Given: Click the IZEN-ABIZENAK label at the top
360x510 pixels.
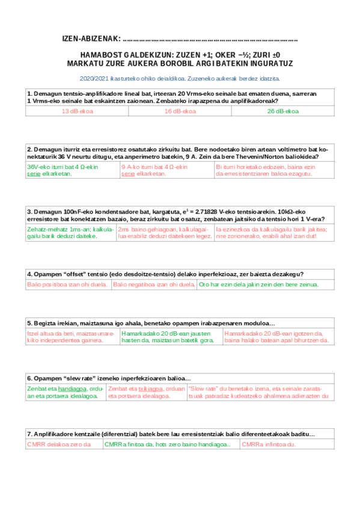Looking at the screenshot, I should [91, 40].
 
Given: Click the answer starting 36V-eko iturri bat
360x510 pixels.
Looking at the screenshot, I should [63, 170].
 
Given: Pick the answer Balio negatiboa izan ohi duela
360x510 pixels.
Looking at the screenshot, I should [154, 284].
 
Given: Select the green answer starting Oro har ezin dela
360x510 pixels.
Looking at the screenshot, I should [258, 284].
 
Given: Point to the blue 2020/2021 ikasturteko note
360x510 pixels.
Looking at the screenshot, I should [180, 78].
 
